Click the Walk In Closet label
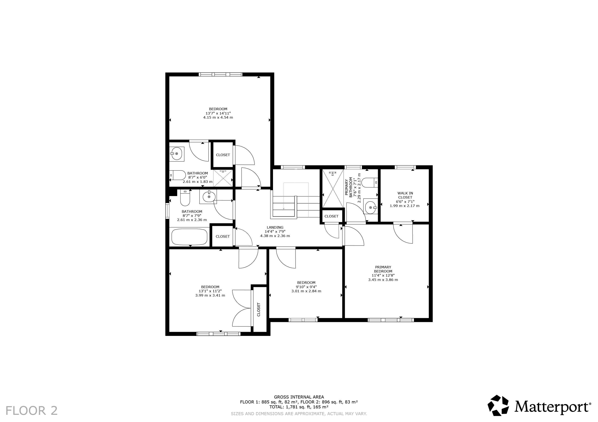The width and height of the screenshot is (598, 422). (x=405, y=195)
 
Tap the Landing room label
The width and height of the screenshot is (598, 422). (x=275, y=227)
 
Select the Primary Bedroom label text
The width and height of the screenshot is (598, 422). (x=383, y=269)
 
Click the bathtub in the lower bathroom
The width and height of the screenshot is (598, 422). (x=189, y=237)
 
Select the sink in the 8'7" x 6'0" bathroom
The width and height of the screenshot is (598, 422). (x=177, y=154)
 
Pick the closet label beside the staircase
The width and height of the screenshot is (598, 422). (x=331, y=216)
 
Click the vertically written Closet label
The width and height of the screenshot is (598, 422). (x=259, y=309)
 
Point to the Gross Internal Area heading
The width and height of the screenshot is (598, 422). (x=299, y=397)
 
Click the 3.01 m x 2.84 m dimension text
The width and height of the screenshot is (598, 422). (x=306, y=291)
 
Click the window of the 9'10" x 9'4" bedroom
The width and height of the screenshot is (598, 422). (x=303, y=320)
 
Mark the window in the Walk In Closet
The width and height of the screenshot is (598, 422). (x=405, y=167)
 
